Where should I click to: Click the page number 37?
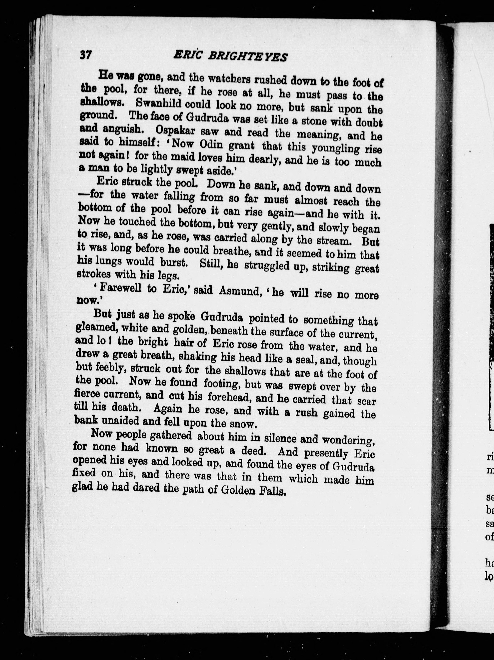coord(86,55)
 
